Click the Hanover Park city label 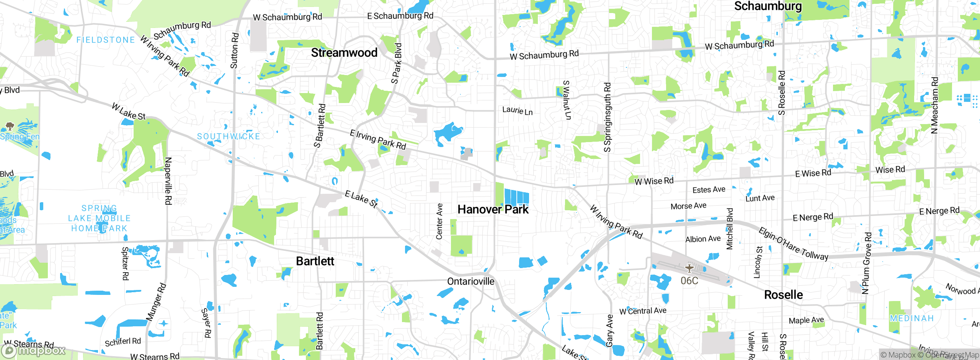pos(493,209)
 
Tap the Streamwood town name pos(344,52)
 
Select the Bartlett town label pos(315,261)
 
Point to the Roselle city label pos(783,295)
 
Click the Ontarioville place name pos(470,281)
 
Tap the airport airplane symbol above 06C pos(689,268)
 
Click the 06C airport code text pos(689,281)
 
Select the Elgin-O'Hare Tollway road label pos(793,244)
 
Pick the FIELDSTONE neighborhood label pos(106,40)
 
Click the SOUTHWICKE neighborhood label pos(229,136)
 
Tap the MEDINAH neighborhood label pos(911,318)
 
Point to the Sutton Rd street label pos(235,51)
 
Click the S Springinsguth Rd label pos(608,117)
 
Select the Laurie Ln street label pos(517,111)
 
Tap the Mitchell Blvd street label pos(730,229)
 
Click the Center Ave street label pos(439,221)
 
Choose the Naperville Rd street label pos(168,181)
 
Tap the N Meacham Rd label pos(934,105)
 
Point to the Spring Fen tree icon pos(10,126)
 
